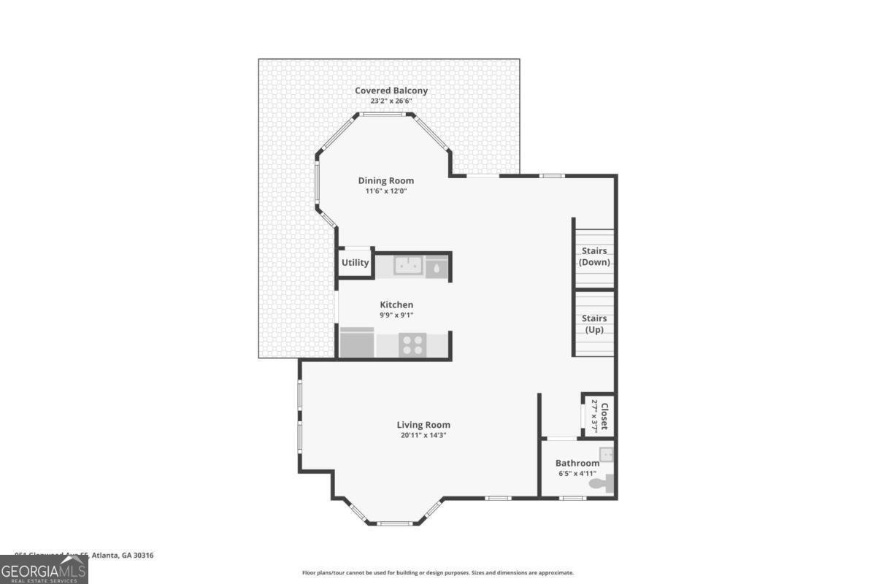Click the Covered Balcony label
click(391, 91)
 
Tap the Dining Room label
click(385, 180)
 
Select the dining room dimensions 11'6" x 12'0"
click(385, 191)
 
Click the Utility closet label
click(356, 263)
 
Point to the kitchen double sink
click(408, 266)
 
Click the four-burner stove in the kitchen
click(412, 344)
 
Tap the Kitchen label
click(396, 304)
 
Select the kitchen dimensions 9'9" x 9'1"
click(396, 315)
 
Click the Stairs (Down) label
click(594, 256)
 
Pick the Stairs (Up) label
click(594, 324)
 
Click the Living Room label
click(423, 424)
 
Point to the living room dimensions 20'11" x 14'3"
click(423, 435)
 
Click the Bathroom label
click(577, 463)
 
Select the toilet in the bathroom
click(603, 482)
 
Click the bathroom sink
click(607, 455)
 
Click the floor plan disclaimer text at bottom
click(438, 573)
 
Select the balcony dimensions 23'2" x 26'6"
click(391, 101)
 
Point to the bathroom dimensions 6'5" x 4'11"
click(577, 474)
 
